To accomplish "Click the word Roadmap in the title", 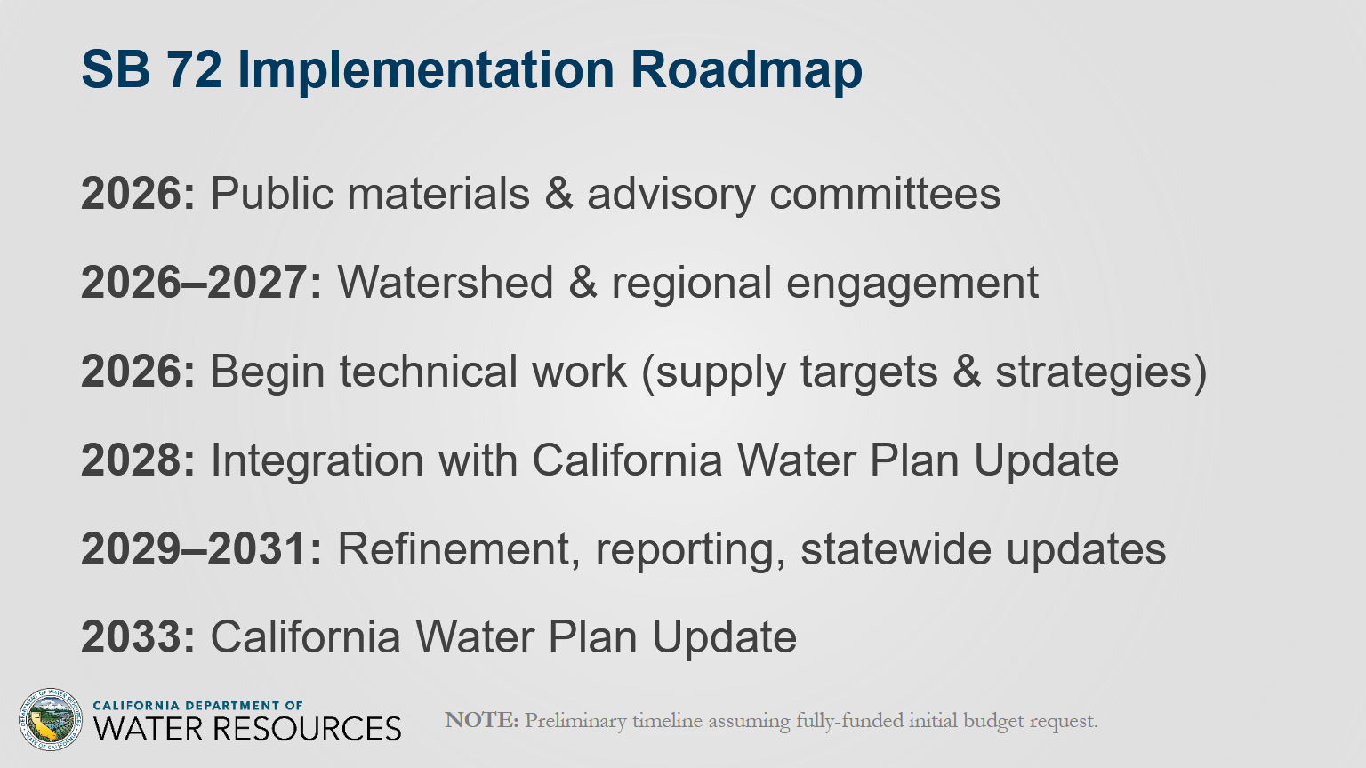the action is point(746,69).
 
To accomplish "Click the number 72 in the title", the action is point(193,69).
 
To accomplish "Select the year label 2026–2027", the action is point(201,283).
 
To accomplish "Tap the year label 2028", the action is point(138,460).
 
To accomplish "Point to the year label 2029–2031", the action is point(201,549).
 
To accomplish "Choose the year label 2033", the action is point(138,637).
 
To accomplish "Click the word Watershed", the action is point(446,283).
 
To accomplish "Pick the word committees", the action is point(885,195).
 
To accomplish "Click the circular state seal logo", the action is point(50,719).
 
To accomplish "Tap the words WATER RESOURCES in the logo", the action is point(247,729).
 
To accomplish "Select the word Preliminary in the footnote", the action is point(575,722).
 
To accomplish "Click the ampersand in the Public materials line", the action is point(558,195).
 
